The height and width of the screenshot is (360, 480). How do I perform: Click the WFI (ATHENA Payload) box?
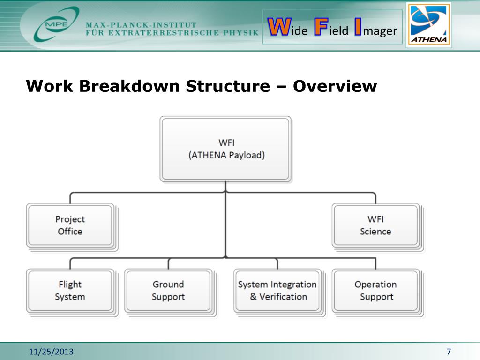pos(225,149)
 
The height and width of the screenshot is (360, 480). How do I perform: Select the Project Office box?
pos(70,225)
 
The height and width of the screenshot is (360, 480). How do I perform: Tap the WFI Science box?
pos(375,225)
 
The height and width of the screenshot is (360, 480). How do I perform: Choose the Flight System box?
pos(70,290)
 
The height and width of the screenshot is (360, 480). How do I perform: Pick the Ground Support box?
pos(168,290)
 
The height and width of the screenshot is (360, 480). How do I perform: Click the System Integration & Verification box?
pos(277,290)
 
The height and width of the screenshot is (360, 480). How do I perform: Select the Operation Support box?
pos(375,290)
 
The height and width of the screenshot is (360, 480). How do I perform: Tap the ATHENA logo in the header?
pos(429,25)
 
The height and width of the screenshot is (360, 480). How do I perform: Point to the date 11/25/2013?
pos(51,352)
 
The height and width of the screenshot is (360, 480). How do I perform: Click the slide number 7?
pos(449,352)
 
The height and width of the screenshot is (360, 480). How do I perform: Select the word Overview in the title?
pos(335,87)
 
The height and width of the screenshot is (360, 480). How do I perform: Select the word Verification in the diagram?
pos(283,297)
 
